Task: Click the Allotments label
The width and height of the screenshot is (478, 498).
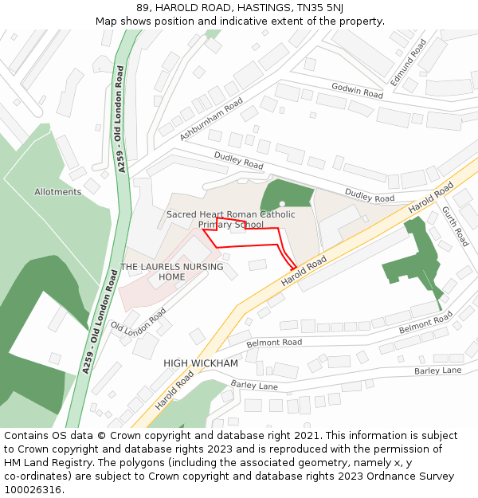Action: pyautogui.click(x=58, y=192)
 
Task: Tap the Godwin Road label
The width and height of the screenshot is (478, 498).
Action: pyautogui.click(x=357, y=90)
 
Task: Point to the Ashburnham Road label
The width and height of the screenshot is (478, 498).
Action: pyautogui.click(x=211, y=120)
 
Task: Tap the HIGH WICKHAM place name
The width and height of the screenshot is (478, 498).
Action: pyautogui.click(x=201, y=363)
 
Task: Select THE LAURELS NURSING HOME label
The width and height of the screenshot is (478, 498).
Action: pyautogui.click(x=171, y=272)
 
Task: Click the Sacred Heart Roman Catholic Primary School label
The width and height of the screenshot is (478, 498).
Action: pyautogui.click(x=230, y=219)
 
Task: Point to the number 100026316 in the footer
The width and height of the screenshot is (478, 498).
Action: pyautogui.click(x=32, y=490)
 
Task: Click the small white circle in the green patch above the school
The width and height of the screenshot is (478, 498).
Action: pyautogui.click(x=282, y=204)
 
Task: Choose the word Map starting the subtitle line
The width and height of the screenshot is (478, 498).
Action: pyautogui.click(x=108, y=21)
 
